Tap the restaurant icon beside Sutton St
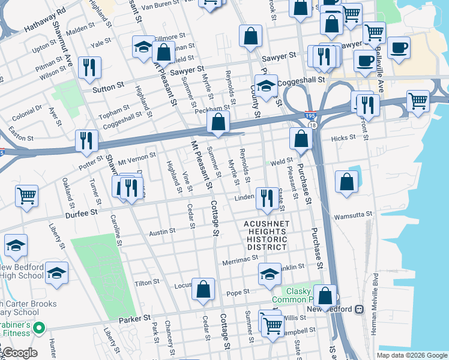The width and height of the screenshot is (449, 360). coord(89,68)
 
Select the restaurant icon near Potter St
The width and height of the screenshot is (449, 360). coord(86,140)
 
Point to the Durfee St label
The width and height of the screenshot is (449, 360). coord(82,213)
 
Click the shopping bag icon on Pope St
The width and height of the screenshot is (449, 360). coord(203,289)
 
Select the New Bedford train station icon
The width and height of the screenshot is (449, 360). coord(359,309)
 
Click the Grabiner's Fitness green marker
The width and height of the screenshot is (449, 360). coord(40,328)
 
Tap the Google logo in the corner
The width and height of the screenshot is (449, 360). coord(19,353)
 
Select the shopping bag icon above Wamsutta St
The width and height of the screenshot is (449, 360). coord(346,182)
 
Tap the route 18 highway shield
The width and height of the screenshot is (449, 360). coord(313,125)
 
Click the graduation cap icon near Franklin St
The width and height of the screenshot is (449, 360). coord(270,274)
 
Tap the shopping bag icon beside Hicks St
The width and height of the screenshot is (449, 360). coord(301,138)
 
